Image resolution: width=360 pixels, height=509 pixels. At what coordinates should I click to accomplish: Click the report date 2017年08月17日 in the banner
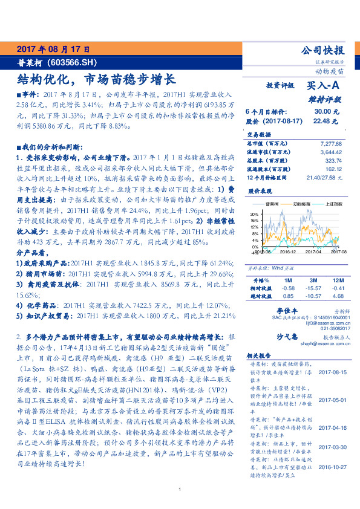click(x=53, y=48)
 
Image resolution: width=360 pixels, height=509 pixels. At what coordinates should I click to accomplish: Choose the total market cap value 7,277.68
click(x=330, y=143)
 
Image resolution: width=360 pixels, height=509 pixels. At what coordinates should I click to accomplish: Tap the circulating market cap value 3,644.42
click(x=330, y=152)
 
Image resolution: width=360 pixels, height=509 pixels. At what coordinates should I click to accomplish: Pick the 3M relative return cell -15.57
click(x=313, y=289)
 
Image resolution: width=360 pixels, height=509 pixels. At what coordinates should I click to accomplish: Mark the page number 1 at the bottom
click(x=180, y=490)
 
